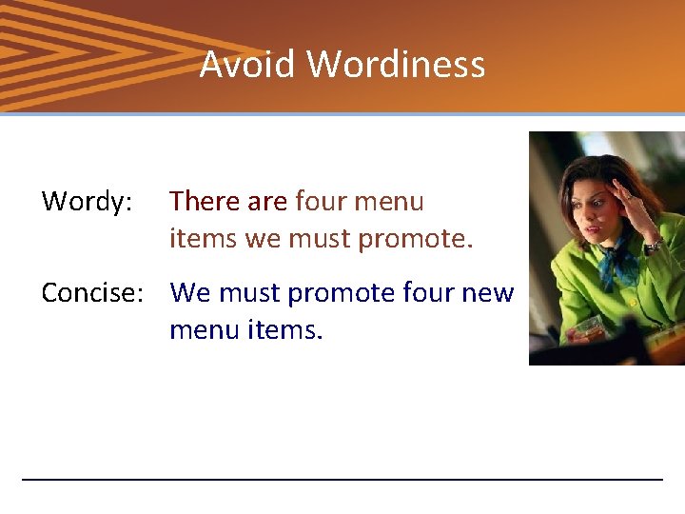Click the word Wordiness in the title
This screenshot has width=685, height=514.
pyautogui.click(x=396, y=65)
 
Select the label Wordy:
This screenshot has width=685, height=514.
pyautogui.click(x=87, y=202)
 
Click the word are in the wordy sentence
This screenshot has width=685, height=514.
pyautogui.click(x=267, y=202)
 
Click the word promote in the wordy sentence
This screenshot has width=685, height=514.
pyautogui.click(x=415, y=239)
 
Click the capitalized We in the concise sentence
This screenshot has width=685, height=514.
pyautogui.click(x=191, y=293)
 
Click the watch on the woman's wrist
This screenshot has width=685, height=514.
pyautogui.click(x=652, y=247)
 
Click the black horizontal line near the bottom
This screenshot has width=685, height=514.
pyautogui.click(x=342, y=479)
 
